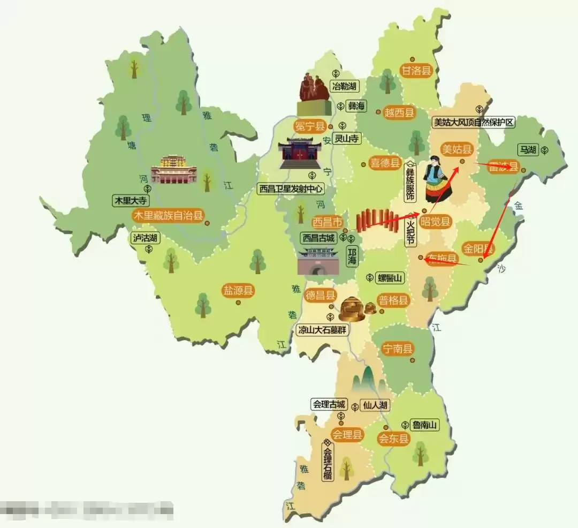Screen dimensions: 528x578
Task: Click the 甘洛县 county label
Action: click(416, 71)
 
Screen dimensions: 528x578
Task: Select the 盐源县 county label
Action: click(239, 291)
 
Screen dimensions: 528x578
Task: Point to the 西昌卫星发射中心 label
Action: click(291, 188)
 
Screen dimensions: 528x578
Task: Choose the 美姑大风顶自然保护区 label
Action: click(474, 122)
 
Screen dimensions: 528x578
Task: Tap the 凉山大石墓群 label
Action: click(322, 330)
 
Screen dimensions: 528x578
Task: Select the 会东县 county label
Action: click(394, 439)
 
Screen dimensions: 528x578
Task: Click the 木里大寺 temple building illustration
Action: click(173, 170)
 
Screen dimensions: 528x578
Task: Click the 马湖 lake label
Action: click(527, 150)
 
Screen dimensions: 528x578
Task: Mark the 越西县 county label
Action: click(400, 112)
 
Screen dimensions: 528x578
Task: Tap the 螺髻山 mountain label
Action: click(390, 277)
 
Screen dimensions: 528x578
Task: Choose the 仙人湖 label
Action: click(375, 405)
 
